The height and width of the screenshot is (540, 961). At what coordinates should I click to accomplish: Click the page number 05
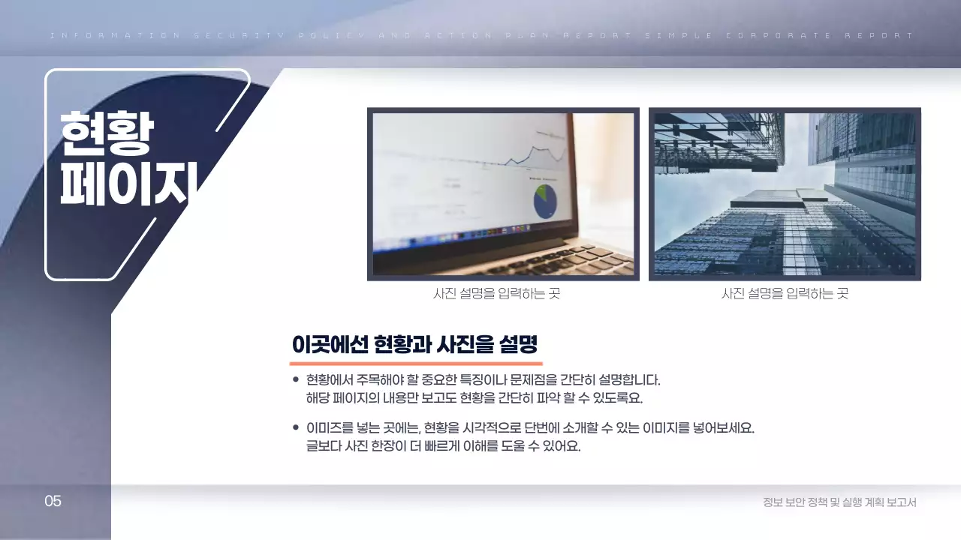[x=53, y=501]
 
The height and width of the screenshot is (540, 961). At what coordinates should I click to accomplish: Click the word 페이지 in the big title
[x=128, y=184]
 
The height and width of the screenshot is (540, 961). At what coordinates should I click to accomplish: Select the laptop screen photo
[x=503, y=193]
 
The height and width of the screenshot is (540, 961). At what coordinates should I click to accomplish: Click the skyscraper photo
[x=785, y=193]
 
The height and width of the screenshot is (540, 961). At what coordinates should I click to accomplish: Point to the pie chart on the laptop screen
[x=545, y=201]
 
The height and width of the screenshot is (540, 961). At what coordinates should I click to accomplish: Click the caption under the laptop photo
[x=496, y=294]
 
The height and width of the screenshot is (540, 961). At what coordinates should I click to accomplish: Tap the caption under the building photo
[x=785, y=294]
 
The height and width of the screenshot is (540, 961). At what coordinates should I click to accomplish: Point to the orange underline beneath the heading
[x=415, y=362]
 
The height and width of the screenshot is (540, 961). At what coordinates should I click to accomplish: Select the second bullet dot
[x=296, y=427]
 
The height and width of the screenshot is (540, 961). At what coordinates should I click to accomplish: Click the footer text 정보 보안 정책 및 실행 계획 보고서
[x=839, y=502]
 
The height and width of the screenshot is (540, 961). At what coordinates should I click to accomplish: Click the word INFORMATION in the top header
[x=114, y=35]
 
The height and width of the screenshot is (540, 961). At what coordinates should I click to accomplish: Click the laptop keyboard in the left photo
[x=556, y=259]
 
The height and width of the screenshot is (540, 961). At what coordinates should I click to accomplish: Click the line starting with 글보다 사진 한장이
[x=443, y=446]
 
